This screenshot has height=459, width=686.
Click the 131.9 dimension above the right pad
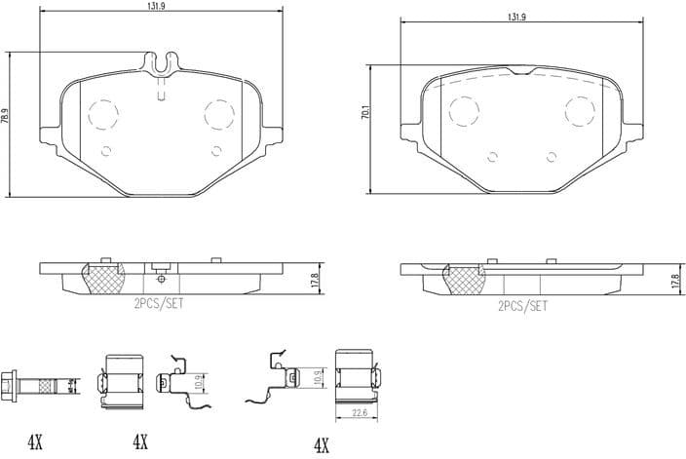click(516, 17)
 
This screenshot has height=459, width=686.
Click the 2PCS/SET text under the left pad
click(158, 304)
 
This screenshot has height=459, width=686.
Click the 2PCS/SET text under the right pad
click(522, 305)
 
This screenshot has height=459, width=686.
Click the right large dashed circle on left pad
click(218, 114)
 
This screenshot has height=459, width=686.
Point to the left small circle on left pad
click(107, 150)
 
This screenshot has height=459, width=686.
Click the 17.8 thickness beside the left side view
click(314, 279)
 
